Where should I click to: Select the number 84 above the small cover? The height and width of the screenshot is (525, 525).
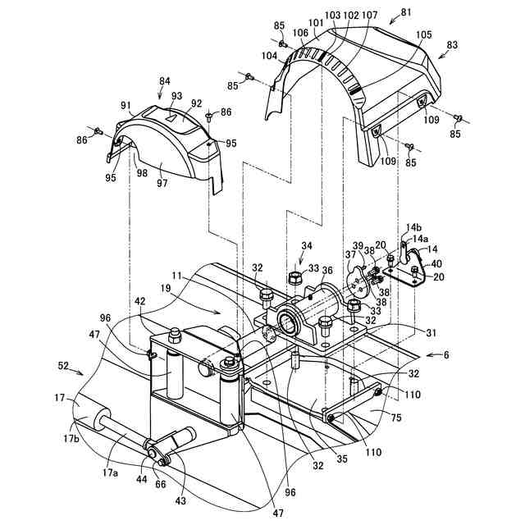(x=166, y=81)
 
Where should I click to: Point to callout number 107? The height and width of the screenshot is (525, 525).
(x=369, y=14)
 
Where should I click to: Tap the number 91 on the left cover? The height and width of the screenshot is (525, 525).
(x=126, y=105)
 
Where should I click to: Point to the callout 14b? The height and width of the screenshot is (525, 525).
(x=413, y=226)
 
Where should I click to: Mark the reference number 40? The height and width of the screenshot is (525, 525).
(x=436, y=263)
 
